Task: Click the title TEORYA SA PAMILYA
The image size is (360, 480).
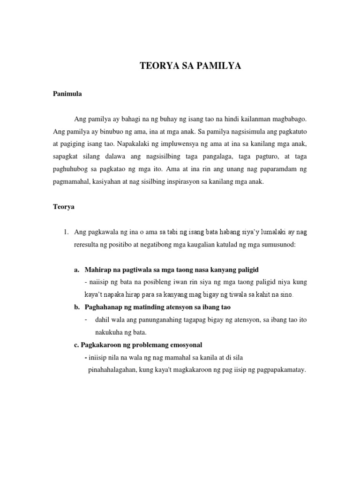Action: pyautogui.click(x=190, y=67)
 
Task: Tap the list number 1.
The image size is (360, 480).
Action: pyautogui.click(x=66, y=232)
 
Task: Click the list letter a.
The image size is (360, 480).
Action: pyautogui.click(x=76, y=270)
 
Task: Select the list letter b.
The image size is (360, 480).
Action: pyautogui.click(x=76, y=307)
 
